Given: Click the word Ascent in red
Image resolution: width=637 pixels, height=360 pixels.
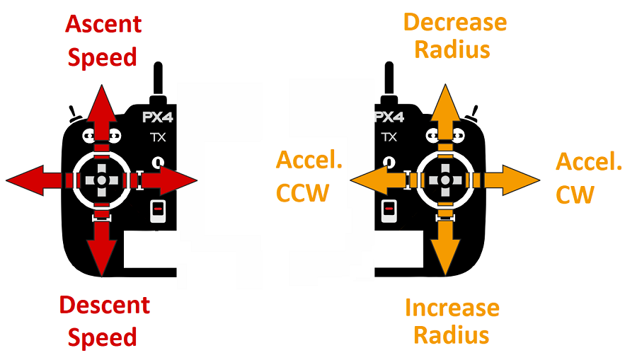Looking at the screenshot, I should (103, 24).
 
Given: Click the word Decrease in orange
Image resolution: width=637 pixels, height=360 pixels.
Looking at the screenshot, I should (455, 22).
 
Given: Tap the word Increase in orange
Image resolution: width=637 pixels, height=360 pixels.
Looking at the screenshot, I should (452, 308).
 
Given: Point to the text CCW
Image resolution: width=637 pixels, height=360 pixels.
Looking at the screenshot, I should (303, 192).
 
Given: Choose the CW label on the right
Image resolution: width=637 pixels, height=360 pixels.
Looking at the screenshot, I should (575, 194).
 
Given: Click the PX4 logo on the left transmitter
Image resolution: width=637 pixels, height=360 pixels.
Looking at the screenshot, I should (156, 117).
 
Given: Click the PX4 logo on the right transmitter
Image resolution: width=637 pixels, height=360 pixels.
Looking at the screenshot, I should (389, 117).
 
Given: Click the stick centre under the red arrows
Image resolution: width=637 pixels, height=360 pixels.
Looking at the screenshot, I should (102, 181).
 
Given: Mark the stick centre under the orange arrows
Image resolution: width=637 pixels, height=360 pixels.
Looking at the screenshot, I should (444, 181).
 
